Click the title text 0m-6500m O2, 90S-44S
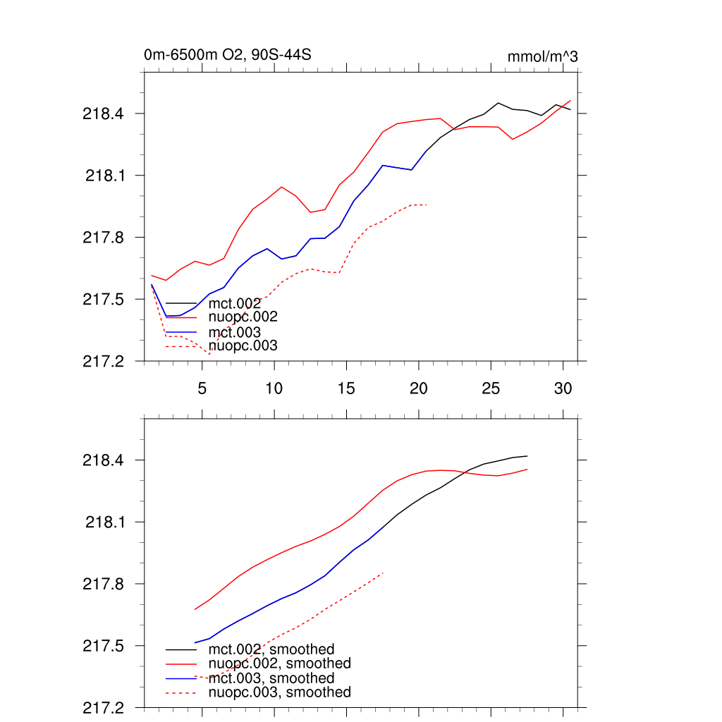point(227,55)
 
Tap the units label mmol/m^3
point(542,56)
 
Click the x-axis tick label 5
point(202,388)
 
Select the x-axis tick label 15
point(346,388)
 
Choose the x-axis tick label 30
point(563,388)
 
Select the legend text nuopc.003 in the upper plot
point(243,346)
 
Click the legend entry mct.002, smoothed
point(271,649)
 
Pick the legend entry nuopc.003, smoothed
point(280,692)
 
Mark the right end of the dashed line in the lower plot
point(383,573)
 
